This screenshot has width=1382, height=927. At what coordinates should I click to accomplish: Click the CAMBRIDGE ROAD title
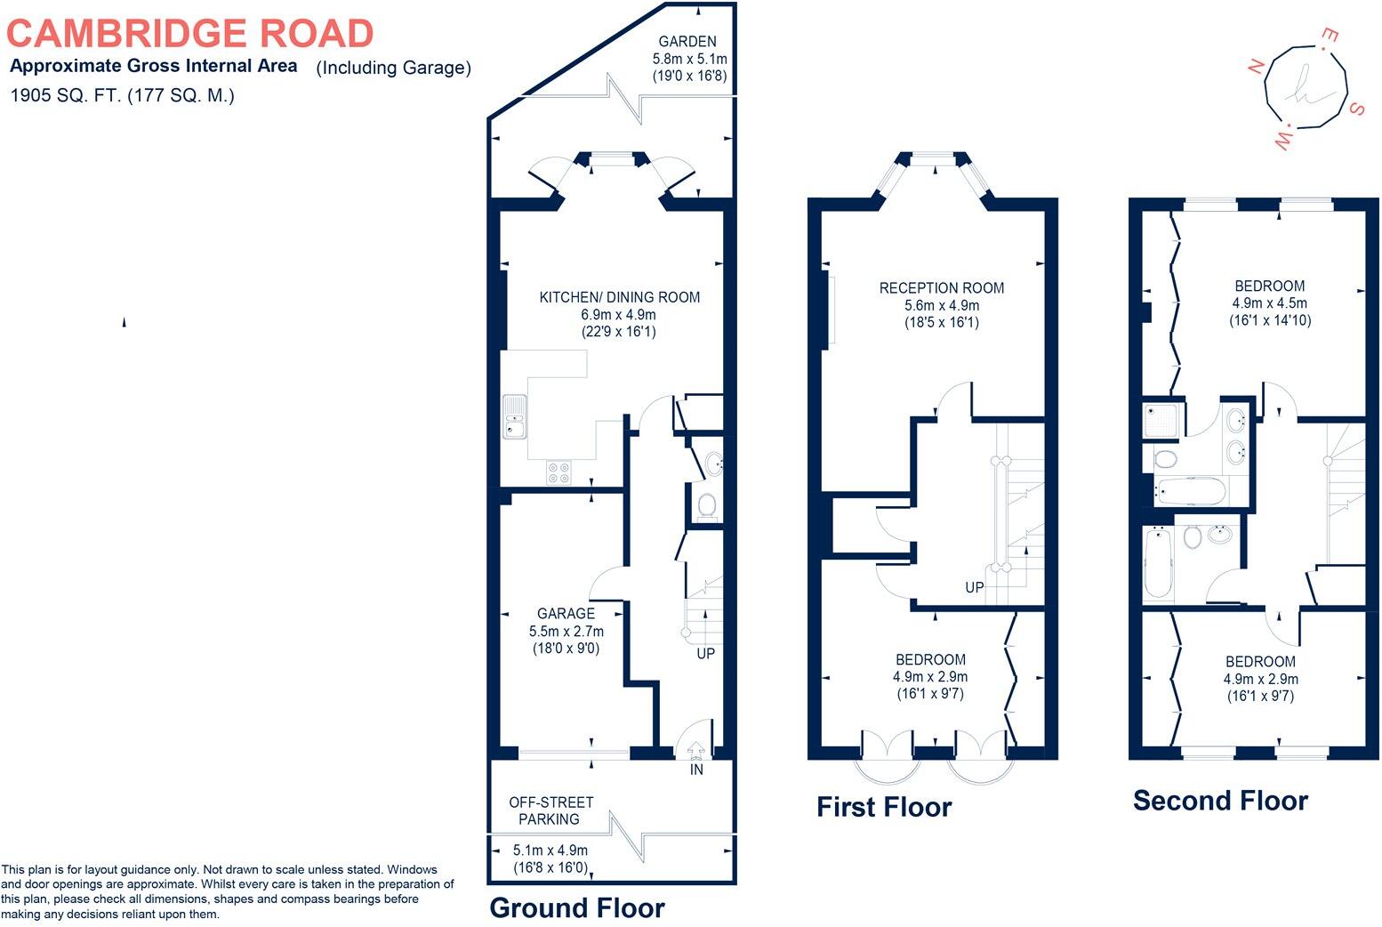(189, 34)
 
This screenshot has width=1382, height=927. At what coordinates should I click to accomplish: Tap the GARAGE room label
(566, 613)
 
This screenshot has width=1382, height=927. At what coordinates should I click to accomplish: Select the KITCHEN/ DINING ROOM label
(619, 297)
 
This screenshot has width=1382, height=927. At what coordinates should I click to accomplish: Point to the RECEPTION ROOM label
(941, 287)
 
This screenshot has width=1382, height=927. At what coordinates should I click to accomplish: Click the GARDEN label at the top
(687, 41)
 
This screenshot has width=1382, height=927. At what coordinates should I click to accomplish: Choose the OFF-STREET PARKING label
(550, 810)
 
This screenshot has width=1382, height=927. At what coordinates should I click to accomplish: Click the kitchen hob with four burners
(558, 472)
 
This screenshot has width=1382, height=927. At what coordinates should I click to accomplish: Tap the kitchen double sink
(514, 417)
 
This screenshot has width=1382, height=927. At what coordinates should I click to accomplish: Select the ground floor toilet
(707, 505)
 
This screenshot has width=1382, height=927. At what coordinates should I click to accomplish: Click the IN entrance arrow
(695, 751)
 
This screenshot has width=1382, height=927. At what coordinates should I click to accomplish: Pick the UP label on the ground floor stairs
(705, 653)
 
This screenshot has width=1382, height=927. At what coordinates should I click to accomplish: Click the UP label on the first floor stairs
(975, 588)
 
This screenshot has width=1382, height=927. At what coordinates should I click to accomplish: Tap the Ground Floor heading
(576, 907)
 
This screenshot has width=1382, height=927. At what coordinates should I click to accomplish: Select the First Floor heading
(884, 807)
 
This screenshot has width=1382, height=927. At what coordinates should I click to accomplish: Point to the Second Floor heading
(1220, 801)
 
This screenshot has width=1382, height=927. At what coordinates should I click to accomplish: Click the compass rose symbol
(1306, 86)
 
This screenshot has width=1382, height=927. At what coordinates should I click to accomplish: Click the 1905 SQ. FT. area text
(122, 96)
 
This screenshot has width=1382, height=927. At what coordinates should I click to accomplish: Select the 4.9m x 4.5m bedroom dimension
(1269, 303)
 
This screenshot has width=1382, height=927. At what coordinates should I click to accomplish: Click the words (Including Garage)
(393, 68)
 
